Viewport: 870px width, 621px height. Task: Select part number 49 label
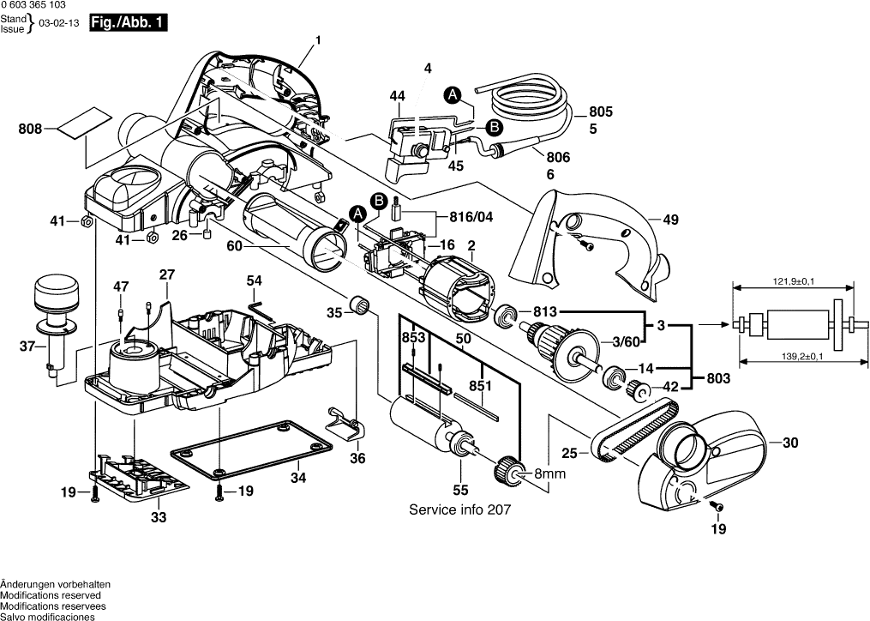coord(670,220)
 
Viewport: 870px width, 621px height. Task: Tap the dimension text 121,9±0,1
coord(783,282)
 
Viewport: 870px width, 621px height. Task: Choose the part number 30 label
coord(789,443)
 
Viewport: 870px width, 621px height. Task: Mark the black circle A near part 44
coord(453,93)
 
